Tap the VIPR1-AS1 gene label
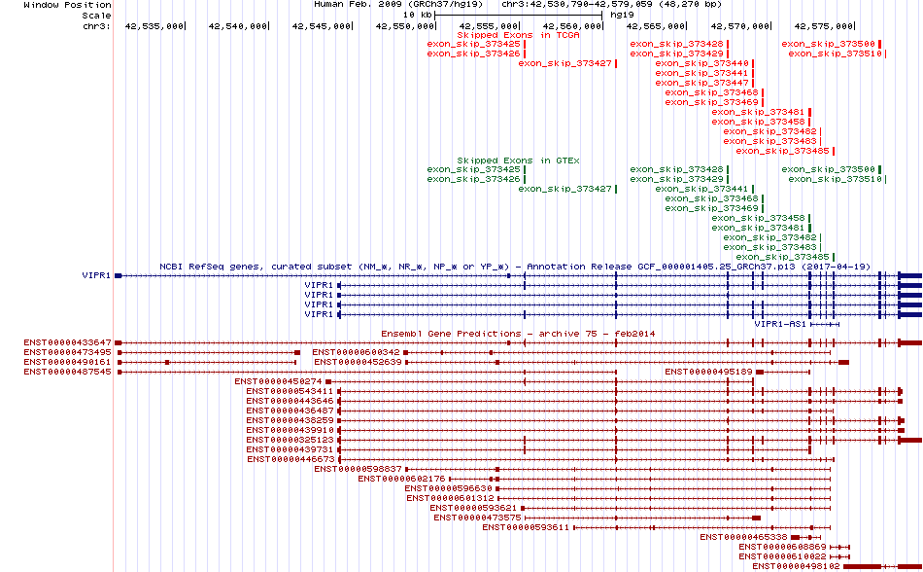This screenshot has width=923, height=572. click(x=780, y=323)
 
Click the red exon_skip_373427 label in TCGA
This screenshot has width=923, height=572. click(x=564, y=63)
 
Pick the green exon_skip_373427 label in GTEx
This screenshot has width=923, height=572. click(x=564, y=189)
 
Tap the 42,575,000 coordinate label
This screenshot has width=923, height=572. click(x=824, y=26)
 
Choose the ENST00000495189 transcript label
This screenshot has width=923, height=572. click(x=709, y=372)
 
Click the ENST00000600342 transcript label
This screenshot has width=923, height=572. click(x=356, y=352)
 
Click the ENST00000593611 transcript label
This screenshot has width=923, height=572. click(x=525, y=527)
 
